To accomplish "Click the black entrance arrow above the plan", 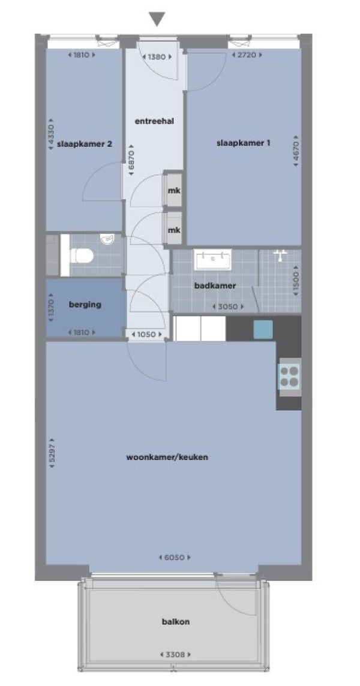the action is point(157,19).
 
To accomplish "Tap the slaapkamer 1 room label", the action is point(243,143).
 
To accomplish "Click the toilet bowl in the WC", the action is point(81,255).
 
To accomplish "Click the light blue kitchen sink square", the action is point(263,329).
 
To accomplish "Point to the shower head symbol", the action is point(280,255).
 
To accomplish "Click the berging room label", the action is point(85,305).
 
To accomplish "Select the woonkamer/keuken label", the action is point(167,458).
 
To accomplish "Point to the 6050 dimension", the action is point(175,558).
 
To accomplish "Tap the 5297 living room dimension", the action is point(53,453).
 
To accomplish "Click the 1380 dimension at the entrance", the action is point(157,56).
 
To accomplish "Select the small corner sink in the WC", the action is point(107,239).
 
